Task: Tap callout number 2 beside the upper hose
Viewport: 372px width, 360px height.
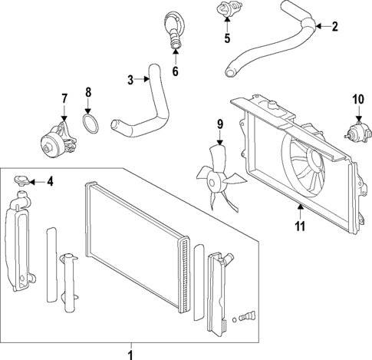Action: [x=334, y=28]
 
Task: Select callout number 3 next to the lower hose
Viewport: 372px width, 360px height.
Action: [x=131, y=79]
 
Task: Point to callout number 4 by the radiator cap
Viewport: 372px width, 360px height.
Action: [x=50, y=182]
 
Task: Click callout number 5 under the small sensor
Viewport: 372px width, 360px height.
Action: [x=227, y=38]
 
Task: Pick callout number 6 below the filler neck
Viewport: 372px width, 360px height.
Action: [x=175, y=73]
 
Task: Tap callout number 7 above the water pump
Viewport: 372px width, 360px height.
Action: [x=64, y=97]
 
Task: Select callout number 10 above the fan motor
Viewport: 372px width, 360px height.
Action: [x=357, y=98]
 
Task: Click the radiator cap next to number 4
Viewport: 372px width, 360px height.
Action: [x=24, y=181]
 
